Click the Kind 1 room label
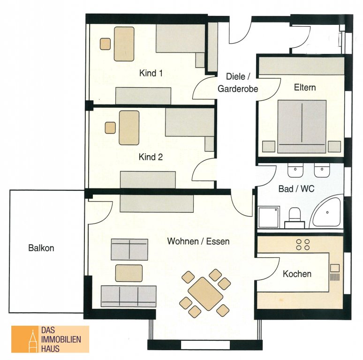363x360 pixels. click(151, 73)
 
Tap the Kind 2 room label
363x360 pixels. click(151, 157)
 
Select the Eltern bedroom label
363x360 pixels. click(305, 88)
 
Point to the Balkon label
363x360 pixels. click(41, 248)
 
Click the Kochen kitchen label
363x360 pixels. click(297, 274)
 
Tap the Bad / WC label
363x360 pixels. click(296, 189)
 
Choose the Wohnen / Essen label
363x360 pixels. click(198, 241)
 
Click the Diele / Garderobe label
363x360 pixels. click(238, 82)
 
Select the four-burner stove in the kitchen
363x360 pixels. click(303, 245)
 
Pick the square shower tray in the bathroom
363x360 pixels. click(269, 217)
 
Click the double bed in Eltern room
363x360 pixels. click(302, 126)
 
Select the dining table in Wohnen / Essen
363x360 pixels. click(205, 293)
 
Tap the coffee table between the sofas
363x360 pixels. click(129, 273)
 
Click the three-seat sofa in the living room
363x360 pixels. click(129, 296)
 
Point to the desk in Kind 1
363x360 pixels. click(124, 44)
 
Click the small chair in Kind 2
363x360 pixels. click(110, 127)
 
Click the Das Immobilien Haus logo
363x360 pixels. click(50, 339)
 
